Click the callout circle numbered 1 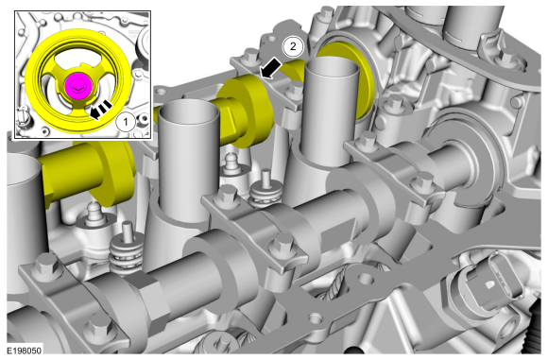(x=126, y=122)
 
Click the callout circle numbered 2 (x=293, y=46)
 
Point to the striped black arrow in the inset (x=100, y=109)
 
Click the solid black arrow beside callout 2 (x=270, y=68)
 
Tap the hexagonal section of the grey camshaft (x=144, y=297)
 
